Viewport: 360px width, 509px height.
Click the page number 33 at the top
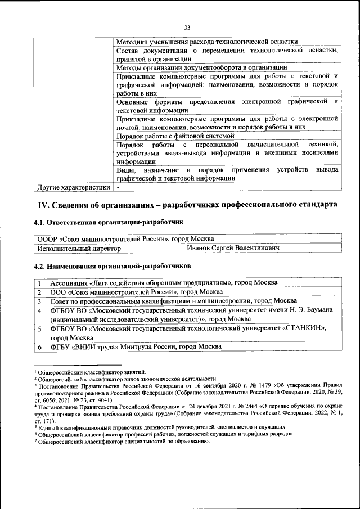click(x=188, y=27)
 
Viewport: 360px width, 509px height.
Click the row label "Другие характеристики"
click(x=73, y=187)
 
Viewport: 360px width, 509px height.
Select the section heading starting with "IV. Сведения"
click(x=187, y=204)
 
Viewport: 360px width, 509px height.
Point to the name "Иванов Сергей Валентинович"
click(x=233, y=247)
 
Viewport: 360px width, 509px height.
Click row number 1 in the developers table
click(x=40, y=282)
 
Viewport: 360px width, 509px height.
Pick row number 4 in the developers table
click(x=40, y=310)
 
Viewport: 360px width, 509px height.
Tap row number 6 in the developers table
click(x=40, y=347)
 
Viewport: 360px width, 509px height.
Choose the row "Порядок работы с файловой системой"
click(x=174, y=136)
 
